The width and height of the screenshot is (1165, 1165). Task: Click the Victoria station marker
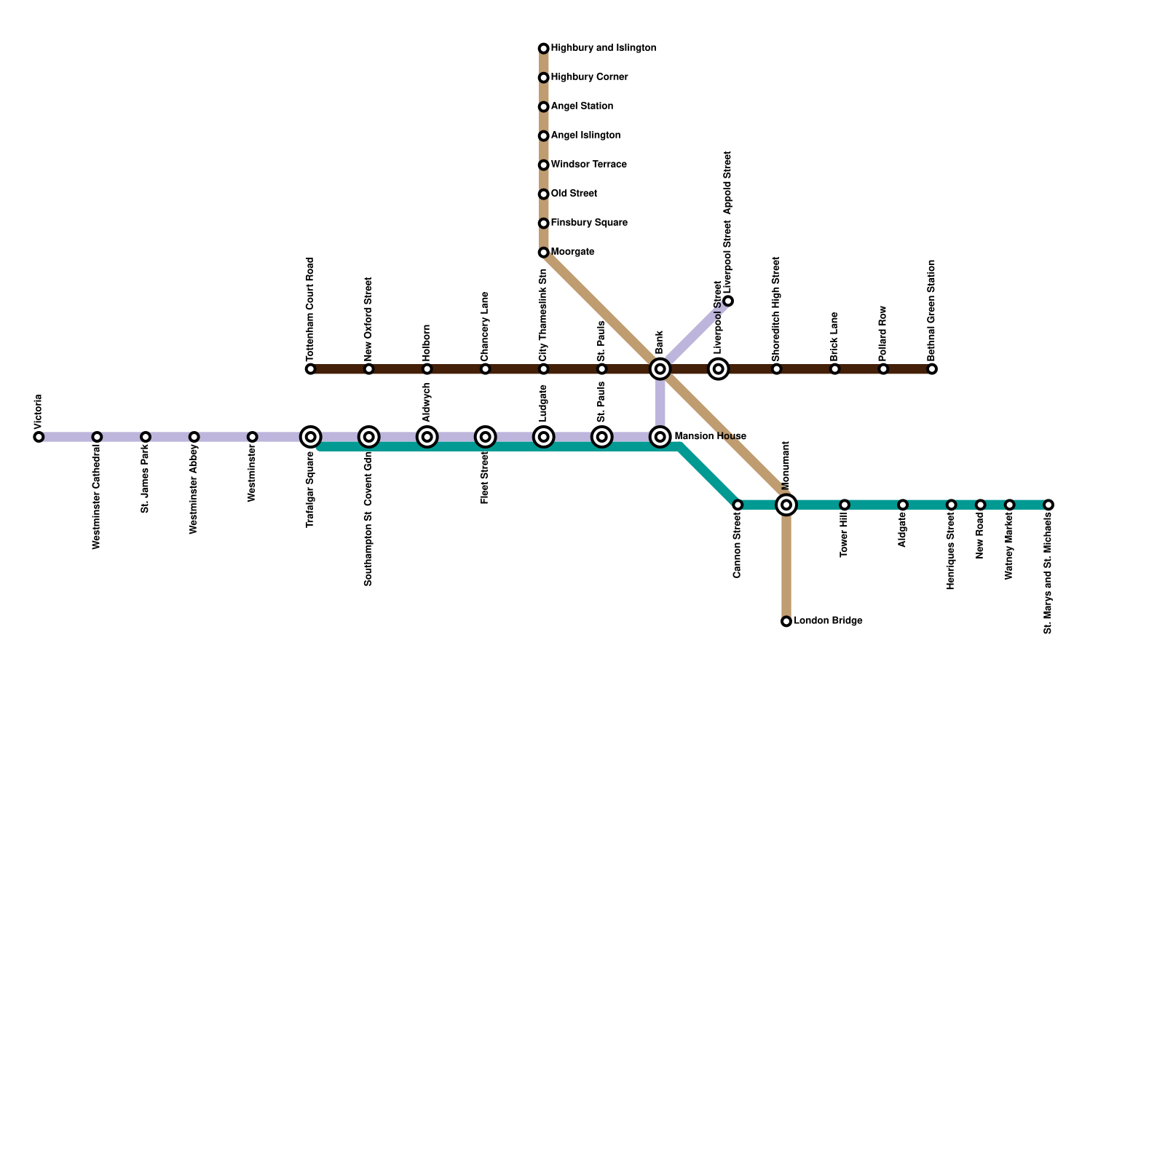tap(39, 437)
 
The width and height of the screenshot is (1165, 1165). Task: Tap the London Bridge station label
tap(828, 621)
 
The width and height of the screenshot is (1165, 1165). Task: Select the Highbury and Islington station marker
tap(543, 49)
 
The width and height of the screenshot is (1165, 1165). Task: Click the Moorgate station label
tap(572, 252)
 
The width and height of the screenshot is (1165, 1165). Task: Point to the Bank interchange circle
tap(660, 369)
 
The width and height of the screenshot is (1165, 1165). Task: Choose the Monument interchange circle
tap(786, 505)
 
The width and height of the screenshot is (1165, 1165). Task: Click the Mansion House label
tap(710, 437)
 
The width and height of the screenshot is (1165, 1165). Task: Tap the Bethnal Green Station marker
tap(932, 369)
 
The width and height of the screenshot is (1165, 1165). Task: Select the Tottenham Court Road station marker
tap(311, 369)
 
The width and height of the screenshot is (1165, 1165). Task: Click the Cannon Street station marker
tap(738, 505)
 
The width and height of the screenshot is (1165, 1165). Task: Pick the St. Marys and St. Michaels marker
tap(1048, 505)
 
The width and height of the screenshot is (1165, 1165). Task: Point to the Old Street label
tap(574, 194)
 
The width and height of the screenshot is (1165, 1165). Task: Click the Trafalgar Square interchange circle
tap(311, 437)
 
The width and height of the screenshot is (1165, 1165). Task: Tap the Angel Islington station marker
tap(543, 136)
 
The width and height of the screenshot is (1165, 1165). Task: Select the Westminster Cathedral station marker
tap(97, 437)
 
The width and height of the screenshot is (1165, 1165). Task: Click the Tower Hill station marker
tap(844, 505)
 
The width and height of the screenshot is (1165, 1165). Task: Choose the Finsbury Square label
tap(589, 223)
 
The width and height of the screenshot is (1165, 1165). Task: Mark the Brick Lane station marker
tap(834, 369)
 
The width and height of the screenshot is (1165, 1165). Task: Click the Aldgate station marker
tap(902, 505)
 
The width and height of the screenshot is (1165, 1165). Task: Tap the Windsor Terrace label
tap(588, 165)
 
